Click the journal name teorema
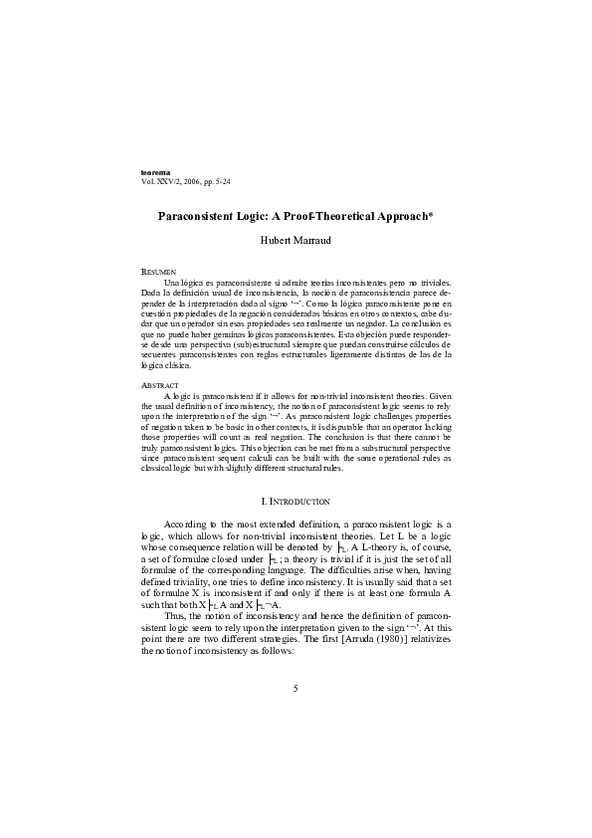pos(159,174)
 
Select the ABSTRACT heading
pos(161,384)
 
